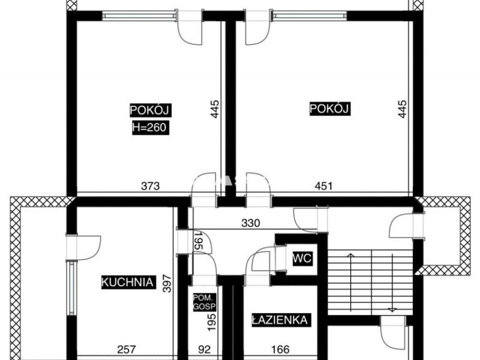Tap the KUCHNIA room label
[x=127, y=282]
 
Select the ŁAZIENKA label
[x=279, y=320]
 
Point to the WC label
[x=302, y=259]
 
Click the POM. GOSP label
[x=205, y=302]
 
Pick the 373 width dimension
[x=151, y=186]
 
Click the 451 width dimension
[x=323, y=186]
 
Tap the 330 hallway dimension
[x=251, y=223]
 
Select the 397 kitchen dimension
[x=167, y=283]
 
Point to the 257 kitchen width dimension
[x=126, y=349]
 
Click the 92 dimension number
[x=204, y=349]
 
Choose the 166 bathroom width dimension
[x=280, y=349]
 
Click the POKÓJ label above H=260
[x=150, y=110]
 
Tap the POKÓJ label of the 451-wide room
[x=329, y=109]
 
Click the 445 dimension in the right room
[x=402, y=109]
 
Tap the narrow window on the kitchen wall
[x=71, y=289]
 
